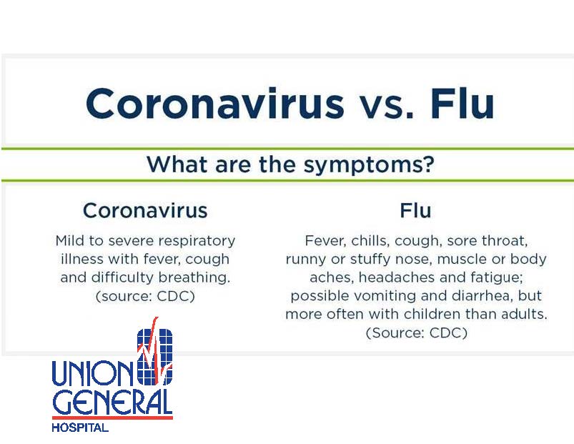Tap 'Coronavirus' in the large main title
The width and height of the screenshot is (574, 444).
coord(215,103)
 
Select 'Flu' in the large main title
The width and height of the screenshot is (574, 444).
coord(462,103)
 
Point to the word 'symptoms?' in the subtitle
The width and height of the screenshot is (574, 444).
coord(369,165)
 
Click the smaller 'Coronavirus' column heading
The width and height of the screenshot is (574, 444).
coord(145,210)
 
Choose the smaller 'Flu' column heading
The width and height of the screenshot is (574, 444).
coord(415,210)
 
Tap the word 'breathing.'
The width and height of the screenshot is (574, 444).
coord(194,277)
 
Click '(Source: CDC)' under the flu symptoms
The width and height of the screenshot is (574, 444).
coord(417,332)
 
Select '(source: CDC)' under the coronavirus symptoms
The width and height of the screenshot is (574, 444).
coord(145,296)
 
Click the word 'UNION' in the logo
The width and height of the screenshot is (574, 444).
coord(94,373)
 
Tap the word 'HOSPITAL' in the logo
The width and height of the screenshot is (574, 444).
coord(80,428)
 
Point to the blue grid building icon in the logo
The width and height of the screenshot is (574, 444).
coord(155,357)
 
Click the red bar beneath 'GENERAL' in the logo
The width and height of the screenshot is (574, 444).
coord(112,418)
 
